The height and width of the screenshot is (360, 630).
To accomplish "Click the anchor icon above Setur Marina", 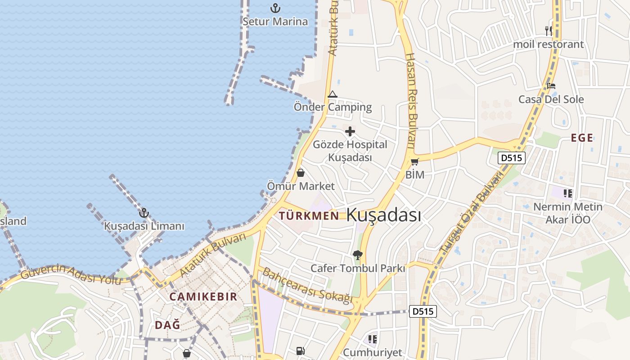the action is point(275,8).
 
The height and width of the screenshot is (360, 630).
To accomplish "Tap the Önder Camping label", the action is point(333,107).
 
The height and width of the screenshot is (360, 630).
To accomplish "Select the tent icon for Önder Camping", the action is point(333,94).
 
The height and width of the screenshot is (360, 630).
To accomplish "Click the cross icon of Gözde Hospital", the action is point(350,131).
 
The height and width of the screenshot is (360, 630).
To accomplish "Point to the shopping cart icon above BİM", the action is point(414,162).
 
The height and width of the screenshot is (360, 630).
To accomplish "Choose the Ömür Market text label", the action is point(301,186).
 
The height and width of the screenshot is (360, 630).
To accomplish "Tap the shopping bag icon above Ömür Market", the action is point(301,173).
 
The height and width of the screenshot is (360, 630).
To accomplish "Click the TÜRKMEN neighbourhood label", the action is point(309,216).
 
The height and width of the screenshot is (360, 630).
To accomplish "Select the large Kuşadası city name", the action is point(384,215).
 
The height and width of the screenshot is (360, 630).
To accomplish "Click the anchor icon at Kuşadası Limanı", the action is point(144,213).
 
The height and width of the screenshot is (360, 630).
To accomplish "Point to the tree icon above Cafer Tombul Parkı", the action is point(358,255).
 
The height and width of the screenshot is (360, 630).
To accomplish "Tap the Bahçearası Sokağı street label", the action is point(307,285).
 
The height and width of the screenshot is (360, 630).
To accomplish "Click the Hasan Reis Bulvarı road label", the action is point(410,101).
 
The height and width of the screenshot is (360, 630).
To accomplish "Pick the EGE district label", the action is point(582,138).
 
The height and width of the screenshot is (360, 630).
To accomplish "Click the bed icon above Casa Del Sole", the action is point(551,86).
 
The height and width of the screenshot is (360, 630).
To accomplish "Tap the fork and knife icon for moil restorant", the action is point(549,31).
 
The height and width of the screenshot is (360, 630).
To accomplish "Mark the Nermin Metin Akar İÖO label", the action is point(567,213).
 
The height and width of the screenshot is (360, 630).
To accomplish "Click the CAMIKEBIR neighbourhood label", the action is point(203,297).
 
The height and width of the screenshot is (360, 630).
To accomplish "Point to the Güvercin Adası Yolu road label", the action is point(71,274).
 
